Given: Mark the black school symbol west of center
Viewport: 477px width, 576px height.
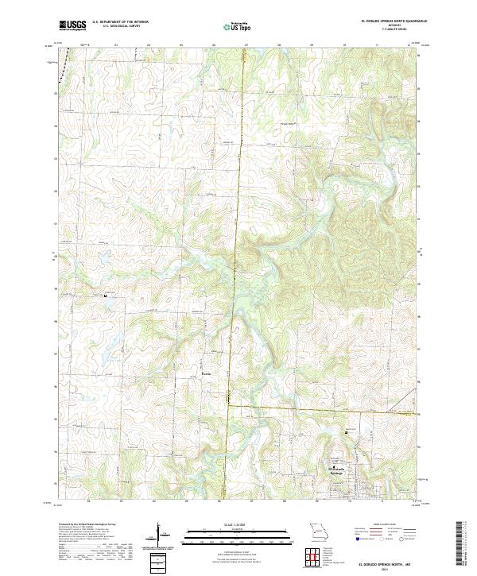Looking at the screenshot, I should pos(105,295).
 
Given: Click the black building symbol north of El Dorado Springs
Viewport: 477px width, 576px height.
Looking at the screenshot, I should pos(346,431).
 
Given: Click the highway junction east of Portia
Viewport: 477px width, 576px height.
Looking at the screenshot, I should pos(229,404).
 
